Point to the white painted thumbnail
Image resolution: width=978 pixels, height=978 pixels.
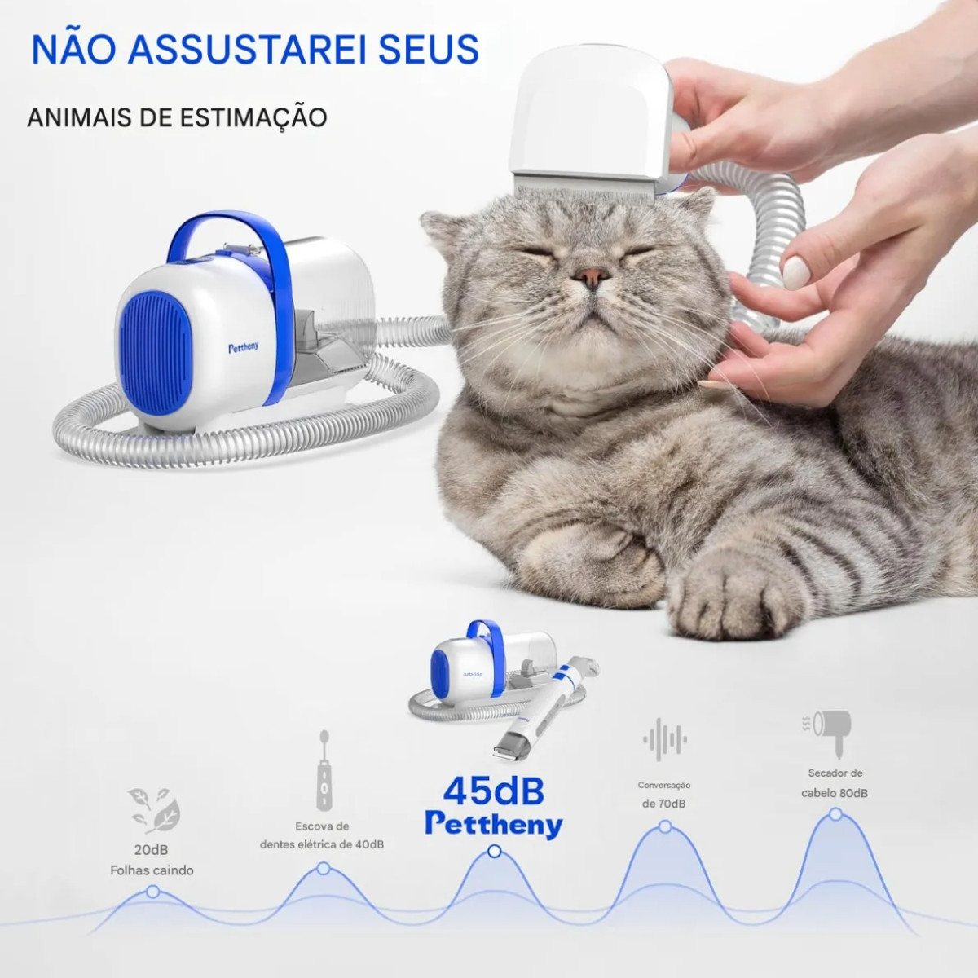coord(796,272)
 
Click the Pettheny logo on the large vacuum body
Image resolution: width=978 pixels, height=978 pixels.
coord(244,348)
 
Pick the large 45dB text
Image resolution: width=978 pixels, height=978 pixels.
coord(494,791)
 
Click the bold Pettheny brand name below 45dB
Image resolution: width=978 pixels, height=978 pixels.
coord(494,824)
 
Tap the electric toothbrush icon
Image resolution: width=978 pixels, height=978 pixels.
coord(324,770)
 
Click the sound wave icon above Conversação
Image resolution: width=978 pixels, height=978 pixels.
coord(665,739)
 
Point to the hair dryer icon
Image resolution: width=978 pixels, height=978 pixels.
coord(830,733)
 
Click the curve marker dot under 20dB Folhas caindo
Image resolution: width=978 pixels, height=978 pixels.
coord(152,892)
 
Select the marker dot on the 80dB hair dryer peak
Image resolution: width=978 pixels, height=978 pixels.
coord(835,814)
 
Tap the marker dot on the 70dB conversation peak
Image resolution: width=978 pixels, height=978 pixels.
coord(665,826)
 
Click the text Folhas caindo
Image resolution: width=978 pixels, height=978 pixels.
coord(152,870)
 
